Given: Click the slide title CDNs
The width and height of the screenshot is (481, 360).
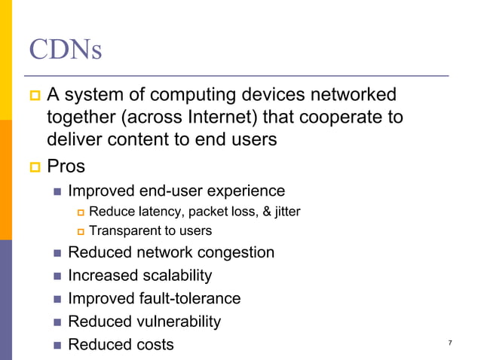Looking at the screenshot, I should (66, 50).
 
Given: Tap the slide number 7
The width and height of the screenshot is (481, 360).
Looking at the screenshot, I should (450, 343).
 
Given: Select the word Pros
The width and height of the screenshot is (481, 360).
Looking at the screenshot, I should (67, 166).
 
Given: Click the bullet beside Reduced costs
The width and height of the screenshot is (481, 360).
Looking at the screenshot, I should (57, 345).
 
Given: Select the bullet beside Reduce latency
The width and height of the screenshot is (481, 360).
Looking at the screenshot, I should (81, 212).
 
